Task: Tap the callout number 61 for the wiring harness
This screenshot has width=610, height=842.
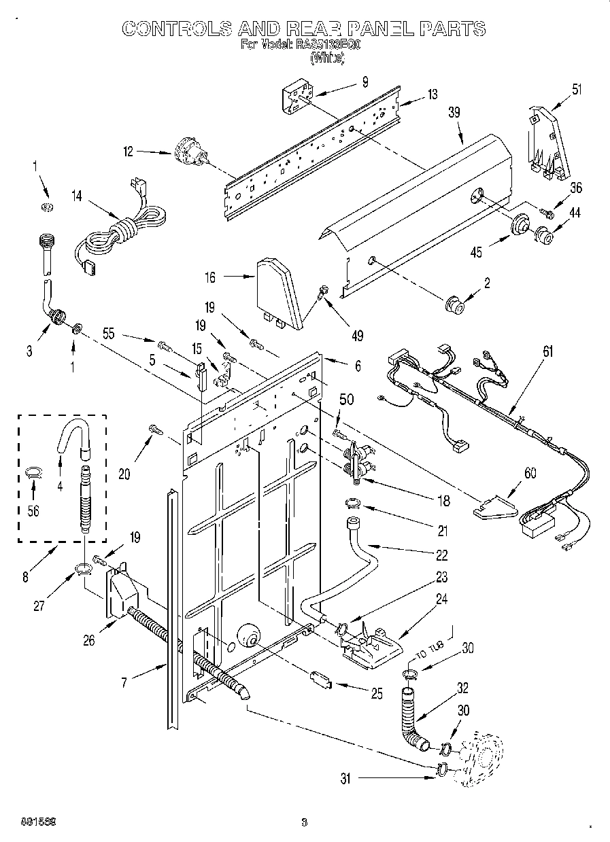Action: point(548,351)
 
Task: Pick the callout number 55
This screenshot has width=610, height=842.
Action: point(107,334)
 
